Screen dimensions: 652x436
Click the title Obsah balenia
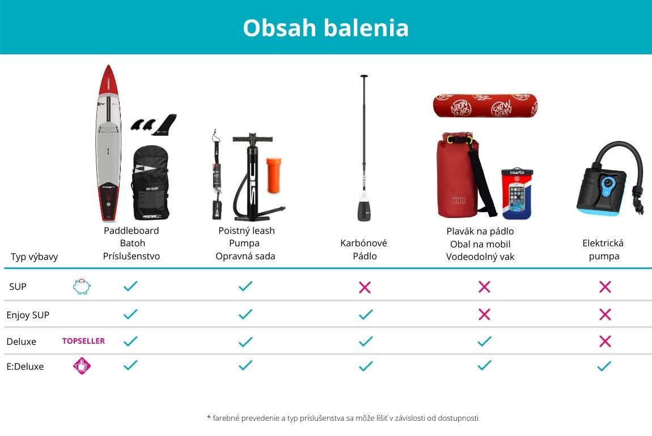click(x=325, y=28)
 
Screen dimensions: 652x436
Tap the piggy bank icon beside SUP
click(x=82, y=287)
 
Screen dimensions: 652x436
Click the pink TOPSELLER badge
click(x=83, y=341)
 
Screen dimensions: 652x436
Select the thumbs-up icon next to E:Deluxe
click(x=82, y=366)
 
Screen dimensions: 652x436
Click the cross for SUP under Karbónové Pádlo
click(x=365, y=287)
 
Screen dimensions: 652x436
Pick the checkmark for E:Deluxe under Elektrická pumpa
click(x=604, y=366)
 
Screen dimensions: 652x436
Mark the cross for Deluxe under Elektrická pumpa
click(x=605, y=341)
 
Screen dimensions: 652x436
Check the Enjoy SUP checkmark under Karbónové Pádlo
click(x=366, y=314)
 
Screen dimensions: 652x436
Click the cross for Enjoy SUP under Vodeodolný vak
click(x=484, y=314)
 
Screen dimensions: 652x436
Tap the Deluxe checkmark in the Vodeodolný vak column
click(x=484, y=341)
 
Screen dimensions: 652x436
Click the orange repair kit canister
click(x=274, y=175)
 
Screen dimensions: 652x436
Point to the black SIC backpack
click(x=150, y=183)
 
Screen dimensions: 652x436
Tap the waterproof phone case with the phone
click(x=517, y=194)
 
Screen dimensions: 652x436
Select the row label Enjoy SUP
click(x=28, y=315)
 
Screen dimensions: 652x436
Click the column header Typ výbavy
click(x=34, y=257)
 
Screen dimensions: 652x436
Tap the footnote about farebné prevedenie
click(x=342, y=418)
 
